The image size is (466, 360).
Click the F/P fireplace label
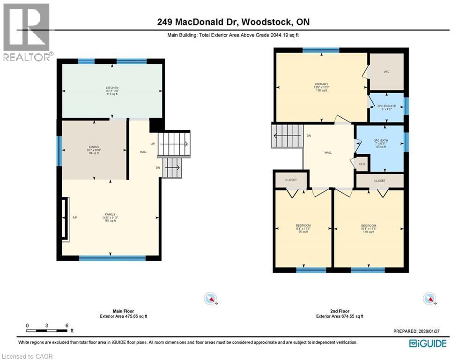point(74,217)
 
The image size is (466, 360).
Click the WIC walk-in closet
point(386,72)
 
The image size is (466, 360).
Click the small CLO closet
point(362,164)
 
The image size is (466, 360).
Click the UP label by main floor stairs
point(153,143)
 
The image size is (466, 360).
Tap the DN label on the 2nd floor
point(309,136)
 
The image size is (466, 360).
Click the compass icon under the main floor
point(211,299)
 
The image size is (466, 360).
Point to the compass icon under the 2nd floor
point(429,299)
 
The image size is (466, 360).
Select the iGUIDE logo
point(428,344)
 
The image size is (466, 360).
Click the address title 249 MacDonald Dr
point(233,22)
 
